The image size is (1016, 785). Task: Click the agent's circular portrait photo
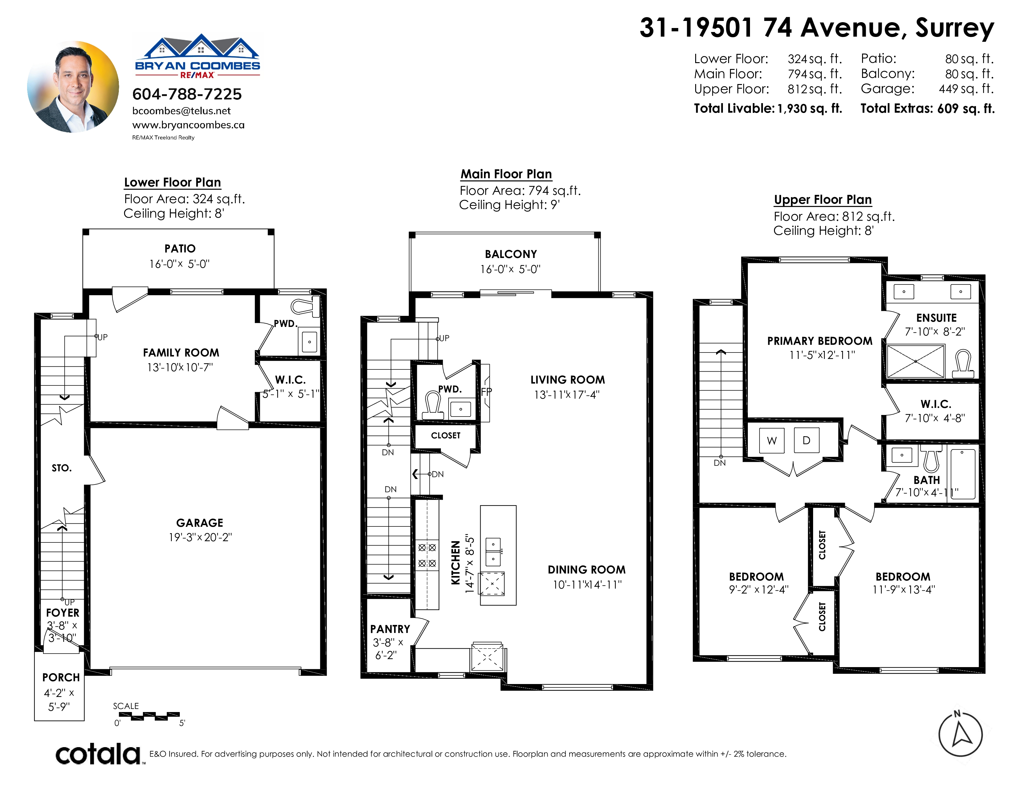click(x=73, y=87)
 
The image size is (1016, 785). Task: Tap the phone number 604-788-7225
click(x=187, y=95)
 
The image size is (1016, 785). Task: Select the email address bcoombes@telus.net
click(x=181, y=111)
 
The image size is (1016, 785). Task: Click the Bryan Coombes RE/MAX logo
click(x=198, y=56)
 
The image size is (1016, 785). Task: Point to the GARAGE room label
click(x=200, y=523)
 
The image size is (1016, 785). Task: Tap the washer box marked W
click(x=772, y=441)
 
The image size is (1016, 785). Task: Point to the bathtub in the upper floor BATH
click(x=962, y=473)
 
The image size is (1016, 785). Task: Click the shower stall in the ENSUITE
click(x=916, y=361)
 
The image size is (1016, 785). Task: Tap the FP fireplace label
click(x=486, y=392)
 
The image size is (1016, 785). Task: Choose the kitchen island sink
click(x=493, y=551)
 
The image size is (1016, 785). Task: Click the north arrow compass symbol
click(x=961, y=735)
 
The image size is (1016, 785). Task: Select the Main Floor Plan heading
click(x=506, y=174)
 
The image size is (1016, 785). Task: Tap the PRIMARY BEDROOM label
click(x=820, y=341)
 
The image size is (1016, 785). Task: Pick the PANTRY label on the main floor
click(x=390, y=629)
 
